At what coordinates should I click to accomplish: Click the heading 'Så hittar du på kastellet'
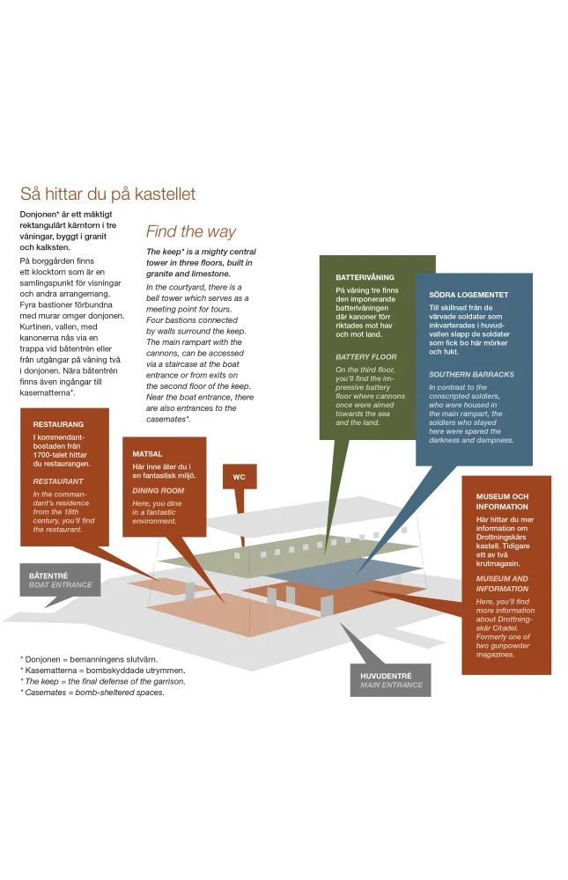point(107,194)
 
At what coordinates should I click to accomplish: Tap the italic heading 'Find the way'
point(190,231)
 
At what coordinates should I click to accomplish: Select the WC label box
point(239,477)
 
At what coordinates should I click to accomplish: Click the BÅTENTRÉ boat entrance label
point(60,580)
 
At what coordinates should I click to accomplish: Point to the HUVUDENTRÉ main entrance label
point(390,679)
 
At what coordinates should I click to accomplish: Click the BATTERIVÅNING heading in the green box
point(365,277)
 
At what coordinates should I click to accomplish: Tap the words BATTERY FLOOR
point(365,356)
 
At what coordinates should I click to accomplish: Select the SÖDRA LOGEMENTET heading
point(468,295)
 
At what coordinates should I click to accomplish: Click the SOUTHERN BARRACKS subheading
point(471,374)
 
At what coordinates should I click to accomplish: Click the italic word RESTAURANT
point(58,481)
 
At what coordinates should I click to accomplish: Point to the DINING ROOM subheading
point(159,490)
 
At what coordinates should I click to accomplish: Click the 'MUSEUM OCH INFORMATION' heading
point(502,502)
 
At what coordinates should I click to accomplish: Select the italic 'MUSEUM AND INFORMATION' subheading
point(502,583)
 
